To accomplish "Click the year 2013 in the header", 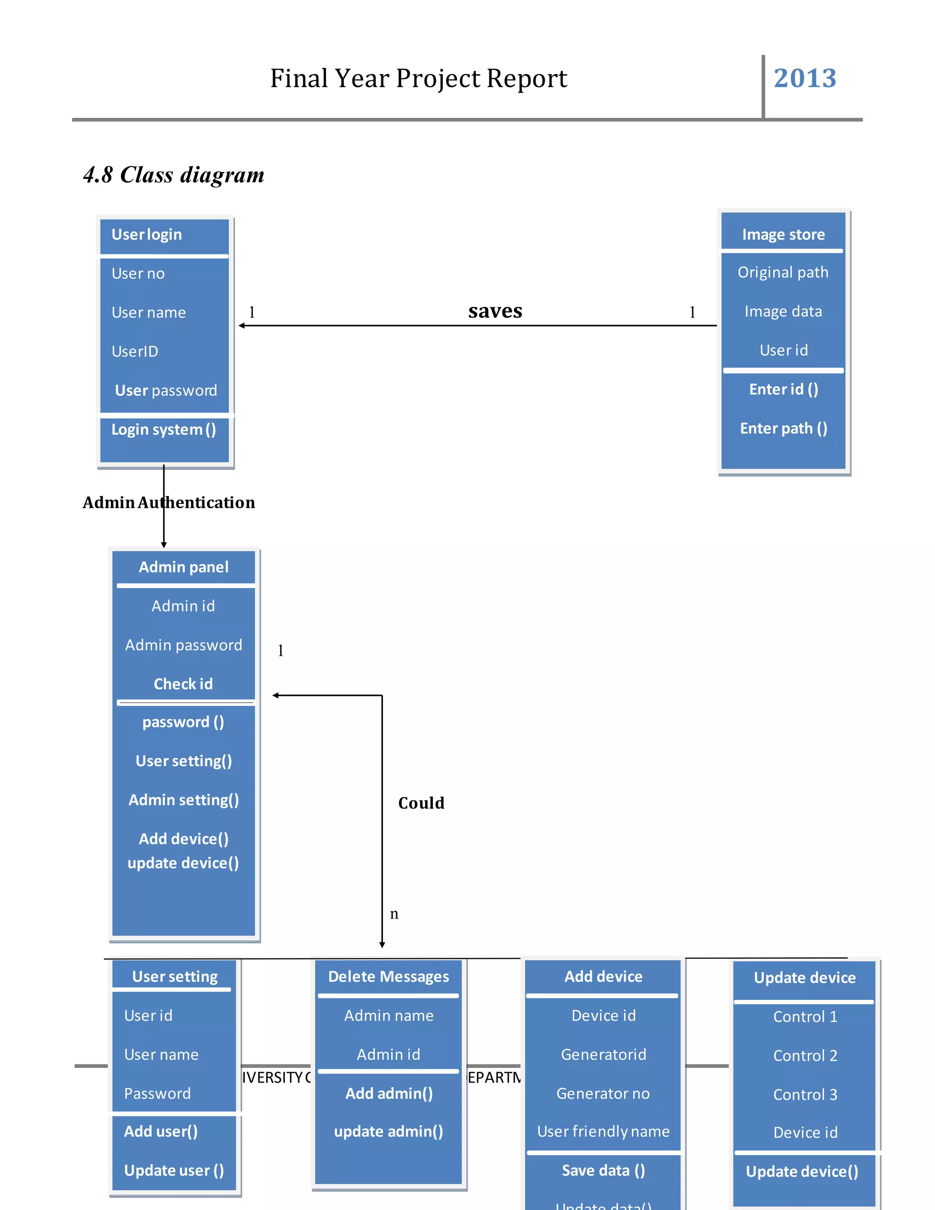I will pos(804,78).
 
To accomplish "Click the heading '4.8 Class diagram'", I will pos(173,175).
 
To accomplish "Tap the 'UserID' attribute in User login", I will pos(135,352).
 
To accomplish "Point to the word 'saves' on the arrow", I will pos(494,311).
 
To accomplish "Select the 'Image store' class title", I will pos(783,235).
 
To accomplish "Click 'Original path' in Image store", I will pos(782,273).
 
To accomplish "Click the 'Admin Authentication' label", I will pos(168,503).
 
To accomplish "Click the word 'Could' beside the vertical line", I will pos(421,803).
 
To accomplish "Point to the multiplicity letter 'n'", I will pos(394,914).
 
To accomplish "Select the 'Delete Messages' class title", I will pos(389,977).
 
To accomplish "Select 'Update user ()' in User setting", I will pos(173,1171).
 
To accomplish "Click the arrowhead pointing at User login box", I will pos(242,326).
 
